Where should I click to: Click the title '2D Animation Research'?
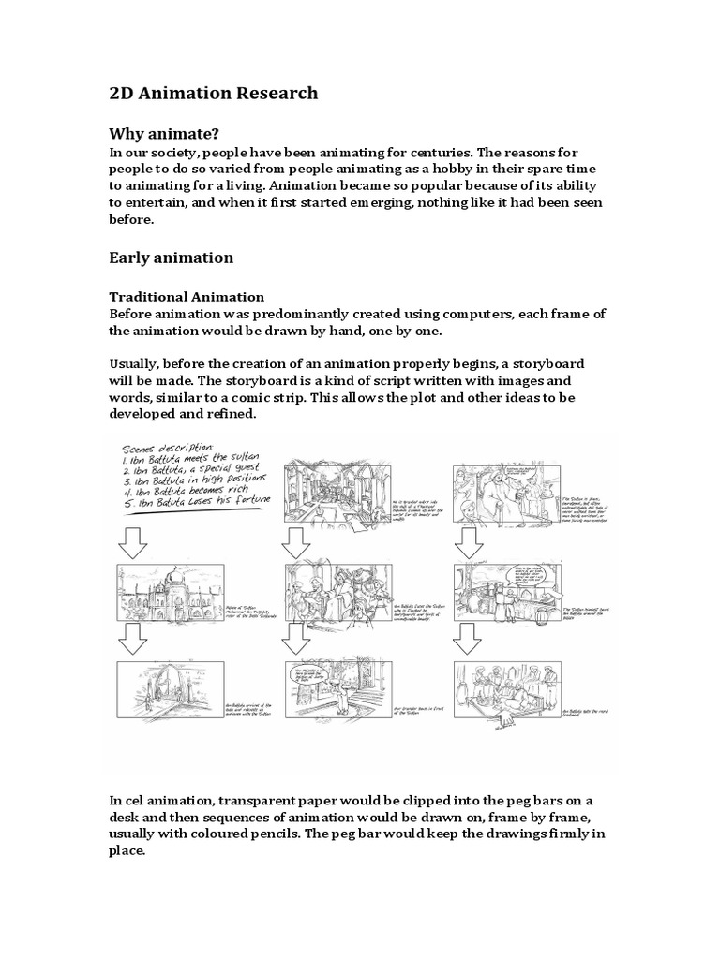click(214, 93)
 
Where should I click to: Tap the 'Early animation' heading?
click(172, 257)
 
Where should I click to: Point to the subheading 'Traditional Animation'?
click(187, 298)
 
